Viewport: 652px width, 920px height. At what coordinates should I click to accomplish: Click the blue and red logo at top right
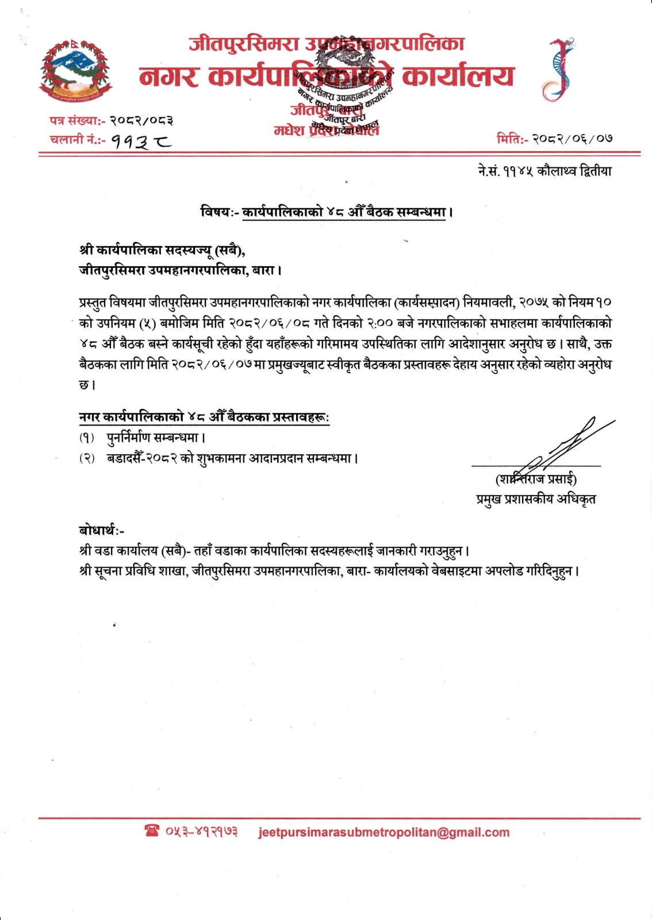tap(557, 71)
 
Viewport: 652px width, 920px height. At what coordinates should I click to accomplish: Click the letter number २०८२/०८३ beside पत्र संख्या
tap(141, 120)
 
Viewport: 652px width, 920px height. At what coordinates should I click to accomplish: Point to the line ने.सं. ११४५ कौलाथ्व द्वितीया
tap(544, 171)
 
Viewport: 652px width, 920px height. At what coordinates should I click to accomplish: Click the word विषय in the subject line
tap(215, 212)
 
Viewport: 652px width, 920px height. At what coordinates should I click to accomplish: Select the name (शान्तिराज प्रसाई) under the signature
tap(536, 479)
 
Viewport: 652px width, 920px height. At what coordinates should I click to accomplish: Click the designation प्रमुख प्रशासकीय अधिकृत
tap(536, 499)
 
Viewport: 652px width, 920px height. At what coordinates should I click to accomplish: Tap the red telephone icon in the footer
tap(152, 831)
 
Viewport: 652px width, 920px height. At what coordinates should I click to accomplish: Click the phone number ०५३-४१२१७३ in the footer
tap(202, 831)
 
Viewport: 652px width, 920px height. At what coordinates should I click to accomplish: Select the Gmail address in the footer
tap(384, 832)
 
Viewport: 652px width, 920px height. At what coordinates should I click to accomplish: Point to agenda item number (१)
tap(87, 438)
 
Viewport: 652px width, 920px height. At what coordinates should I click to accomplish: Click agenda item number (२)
tap(87, 459)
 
